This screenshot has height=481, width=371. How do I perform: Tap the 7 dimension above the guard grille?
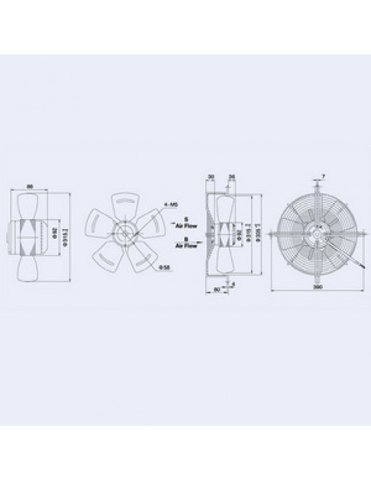324,177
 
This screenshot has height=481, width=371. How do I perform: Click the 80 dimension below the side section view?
217,290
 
